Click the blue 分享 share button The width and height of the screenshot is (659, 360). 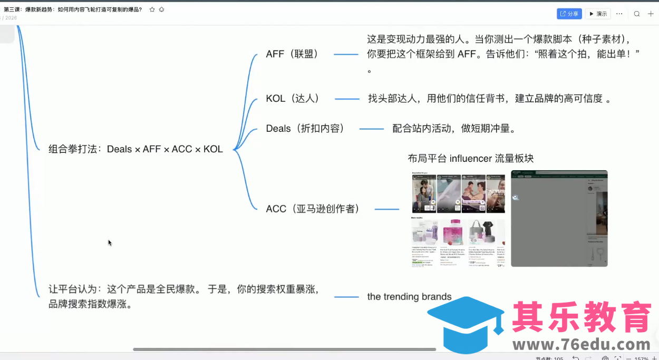click(569, 14)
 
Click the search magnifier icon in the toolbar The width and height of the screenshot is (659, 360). click(637, 14)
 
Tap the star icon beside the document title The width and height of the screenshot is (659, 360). click(152, 9)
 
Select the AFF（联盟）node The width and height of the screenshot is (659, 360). click(292, 54)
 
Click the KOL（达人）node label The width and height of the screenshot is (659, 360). click(293, 99)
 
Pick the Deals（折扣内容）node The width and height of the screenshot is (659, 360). click(305, 129)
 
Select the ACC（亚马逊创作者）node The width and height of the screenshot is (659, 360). click(313, 209)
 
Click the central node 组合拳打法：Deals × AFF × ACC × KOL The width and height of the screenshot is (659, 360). click(135, 149)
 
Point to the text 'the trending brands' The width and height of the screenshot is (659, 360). click(409, 297)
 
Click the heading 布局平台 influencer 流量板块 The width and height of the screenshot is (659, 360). click(470, 159)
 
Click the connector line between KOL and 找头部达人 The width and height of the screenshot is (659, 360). click(347, 99)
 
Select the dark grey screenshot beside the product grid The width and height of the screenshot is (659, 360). click(559, 218)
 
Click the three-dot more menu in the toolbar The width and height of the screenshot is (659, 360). click(619, 14)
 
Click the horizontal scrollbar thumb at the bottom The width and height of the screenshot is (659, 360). click(284, 349)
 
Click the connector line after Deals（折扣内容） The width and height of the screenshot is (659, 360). click(371, 129)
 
